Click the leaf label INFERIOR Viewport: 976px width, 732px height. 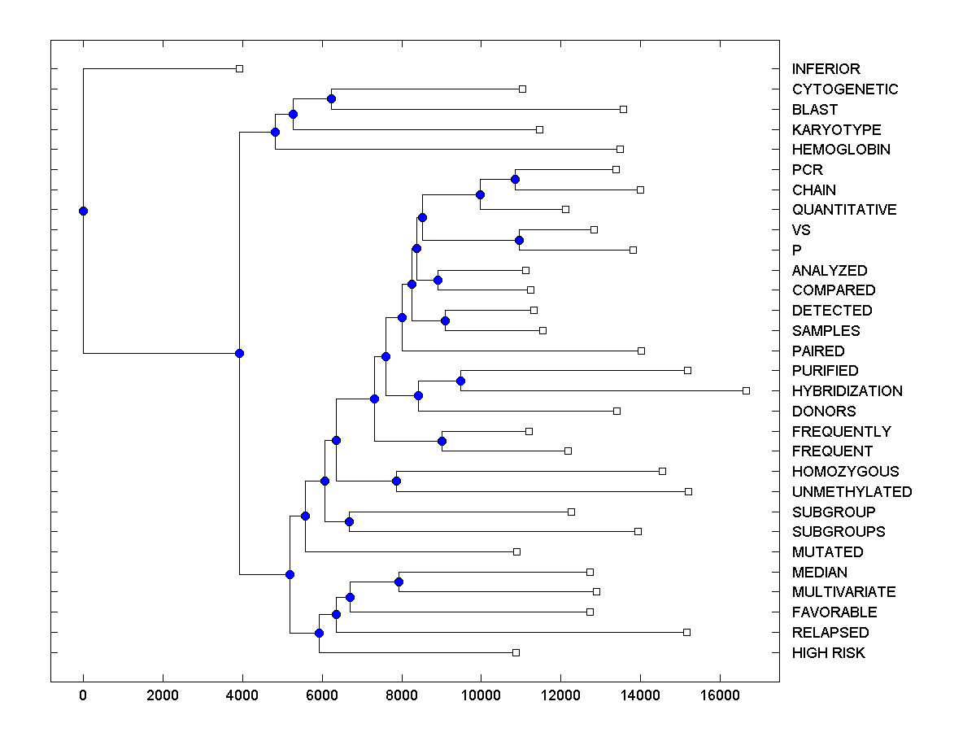click(x=826, y=69)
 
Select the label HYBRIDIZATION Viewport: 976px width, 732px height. click(x=847, y=391)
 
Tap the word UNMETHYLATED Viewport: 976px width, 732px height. click(x=852, y=492)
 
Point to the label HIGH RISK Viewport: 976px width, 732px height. click(x=828, y=653)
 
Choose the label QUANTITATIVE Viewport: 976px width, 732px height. click(x=844, y=210)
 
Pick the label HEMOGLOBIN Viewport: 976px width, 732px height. click(x=841, y=150)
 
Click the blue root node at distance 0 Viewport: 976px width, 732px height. click(x=83, y=211)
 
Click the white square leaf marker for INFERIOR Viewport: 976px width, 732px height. click(x=239, y=68)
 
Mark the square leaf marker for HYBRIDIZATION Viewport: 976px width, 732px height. click(x=746, y=390)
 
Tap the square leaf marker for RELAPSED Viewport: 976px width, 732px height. click(x=686, y=632)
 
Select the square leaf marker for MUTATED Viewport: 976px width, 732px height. click(x=516, y=551)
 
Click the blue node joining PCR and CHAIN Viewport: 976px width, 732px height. click(x=515, y=179)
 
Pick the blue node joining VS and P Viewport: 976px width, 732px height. click(x=519, y=240)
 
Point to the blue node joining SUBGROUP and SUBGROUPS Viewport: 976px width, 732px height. click(x=349, y=521)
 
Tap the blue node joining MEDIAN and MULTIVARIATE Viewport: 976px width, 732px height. click(x=399, y=582)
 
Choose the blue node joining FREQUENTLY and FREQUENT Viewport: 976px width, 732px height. click(x=442, y=441)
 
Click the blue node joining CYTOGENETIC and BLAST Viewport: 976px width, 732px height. click(x=331, y=99)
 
